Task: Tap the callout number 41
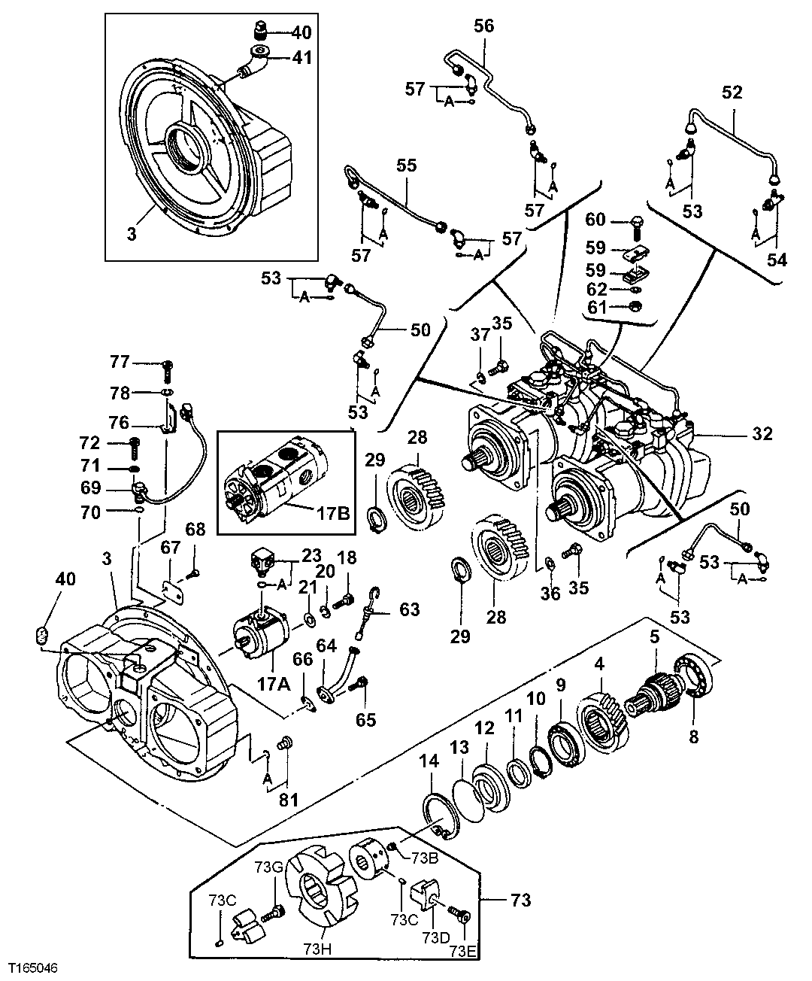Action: click(x=301, y=56)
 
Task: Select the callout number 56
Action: click(x=483, y=26)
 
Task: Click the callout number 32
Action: click(x=761, y=434)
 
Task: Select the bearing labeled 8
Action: click(x=695, y=679)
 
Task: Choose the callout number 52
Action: click(x=732, y=92)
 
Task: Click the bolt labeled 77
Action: click(x=167, y=369)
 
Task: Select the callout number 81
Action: click(x=289, y=800)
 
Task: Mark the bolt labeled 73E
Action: click(x=460, y=913)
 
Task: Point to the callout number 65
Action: click(x=366, y=720)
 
